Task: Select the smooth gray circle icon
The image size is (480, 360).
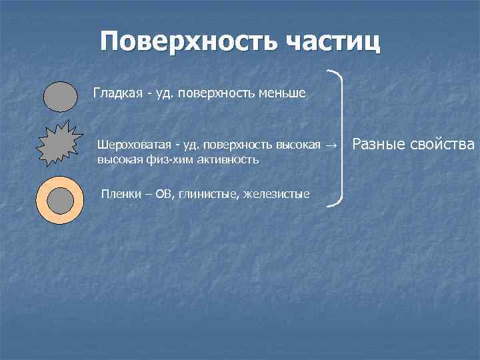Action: pyautogui.click(x=61, y=95)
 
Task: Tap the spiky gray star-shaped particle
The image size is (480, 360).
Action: pyautogui.click(x=60, y=144)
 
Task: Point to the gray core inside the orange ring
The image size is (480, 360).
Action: pyautogui.click(x=61, y=200)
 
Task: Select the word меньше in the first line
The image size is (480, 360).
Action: pyautogui.click(x=281, y=93)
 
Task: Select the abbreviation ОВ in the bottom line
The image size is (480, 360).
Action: pyautogui.click(x=163, y=195)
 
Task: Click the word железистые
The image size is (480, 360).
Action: pyautogui.click(x=276, y=195)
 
